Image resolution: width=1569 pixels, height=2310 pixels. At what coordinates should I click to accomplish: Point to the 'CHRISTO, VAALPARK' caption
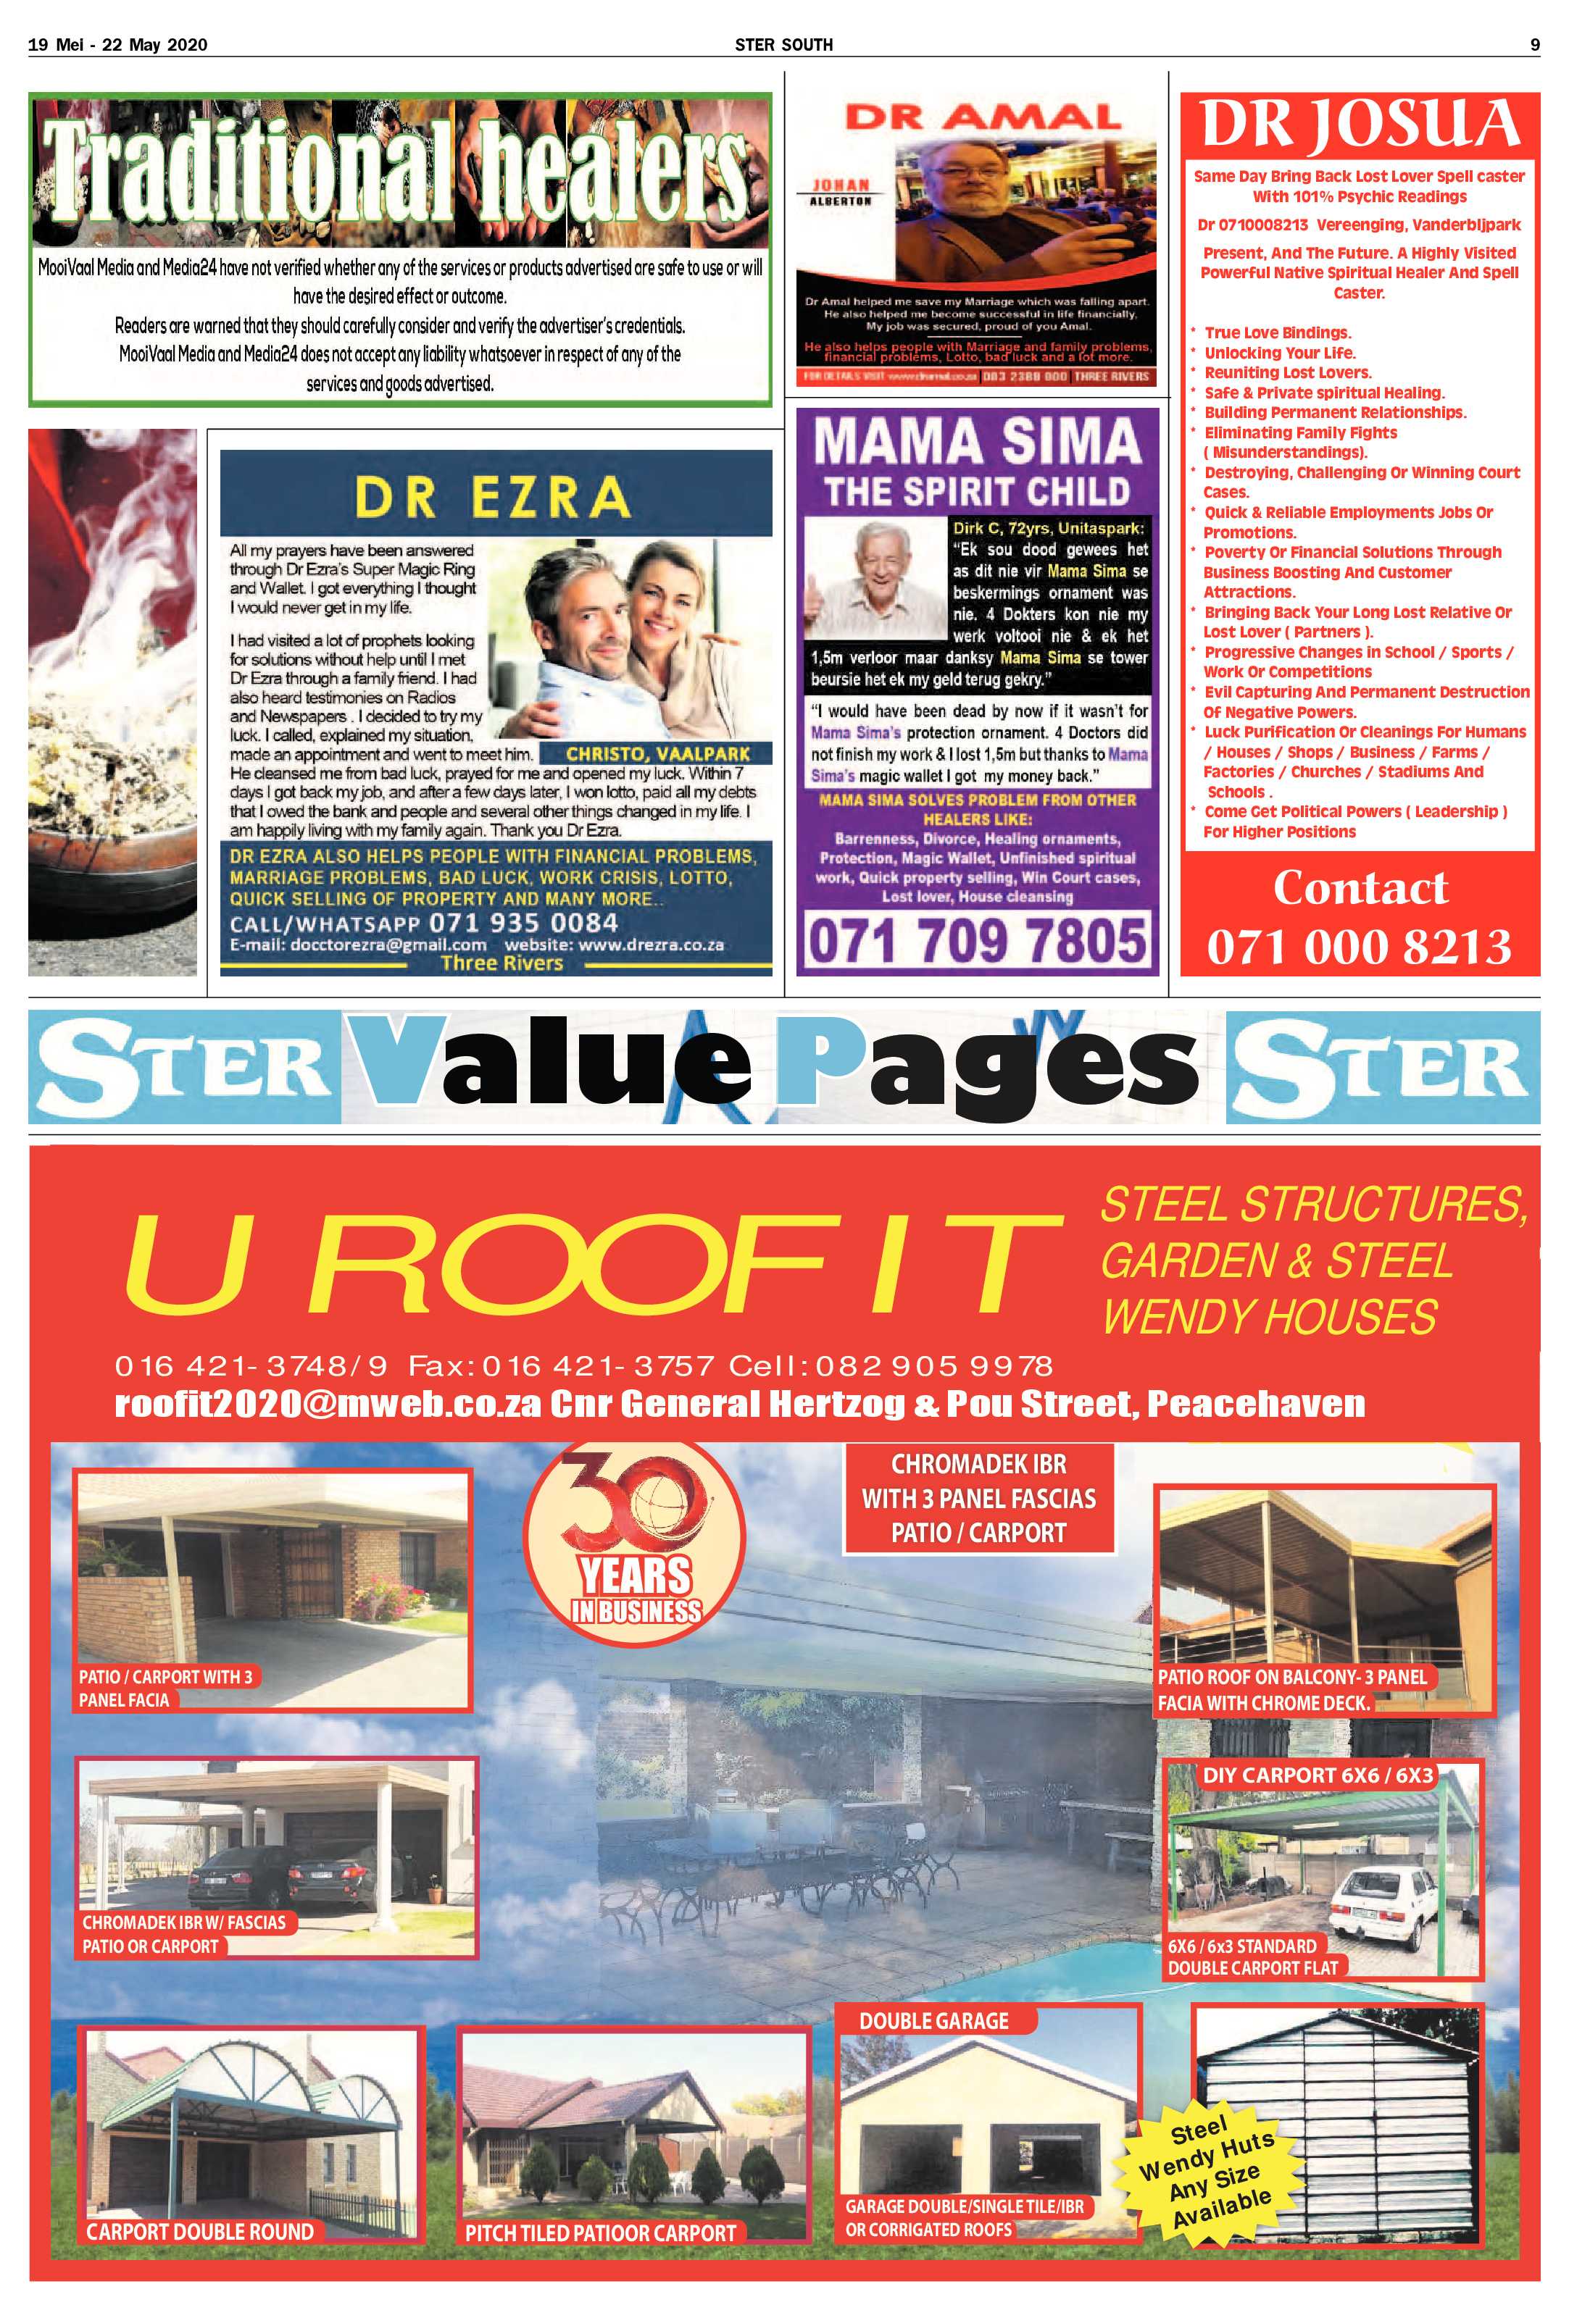(657, 753)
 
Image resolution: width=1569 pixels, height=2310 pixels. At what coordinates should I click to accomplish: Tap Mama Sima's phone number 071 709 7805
(978, 940)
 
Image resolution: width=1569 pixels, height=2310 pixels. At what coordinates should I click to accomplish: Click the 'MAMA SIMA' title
(978, 441)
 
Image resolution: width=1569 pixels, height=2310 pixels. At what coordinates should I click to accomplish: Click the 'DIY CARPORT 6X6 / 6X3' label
(1318, 1774)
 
